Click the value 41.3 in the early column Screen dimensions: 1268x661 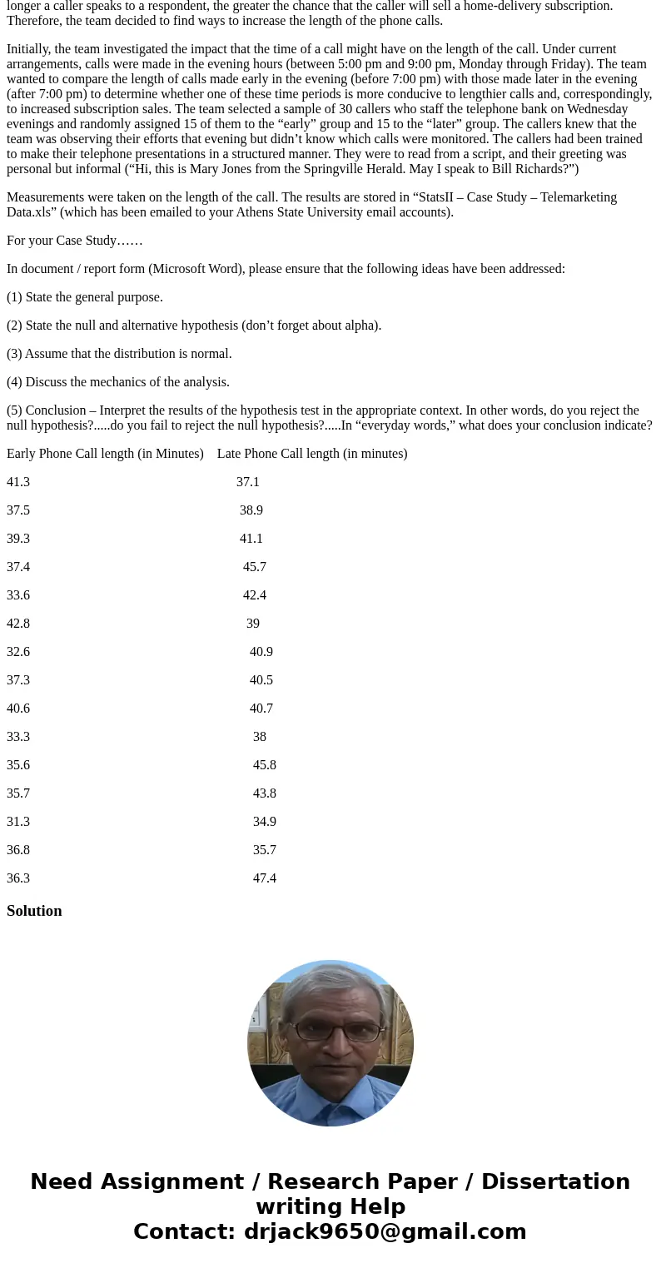pos(18,482)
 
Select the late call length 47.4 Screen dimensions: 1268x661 pos(265,878)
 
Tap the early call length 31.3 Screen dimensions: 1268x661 pos(18,822)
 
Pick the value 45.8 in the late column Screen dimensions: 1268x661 pos(265,765)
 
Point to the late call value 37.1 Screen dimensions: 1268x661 pos(248,482)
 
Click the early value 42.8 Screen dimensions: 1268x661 pos(18,624)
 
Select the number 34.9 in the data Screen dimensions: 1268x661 pos(265,822)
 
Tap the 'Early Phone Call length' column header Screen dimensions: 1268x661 pos(105,454)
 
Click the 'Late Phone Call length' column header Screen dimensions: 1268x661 pos(312,454)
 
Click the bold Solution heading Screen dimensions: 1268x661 pos(34,911)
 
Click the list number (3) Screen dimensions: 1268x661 pos(15,354)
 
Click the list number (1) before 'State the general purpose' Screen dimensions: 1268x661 pos(15,297)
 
